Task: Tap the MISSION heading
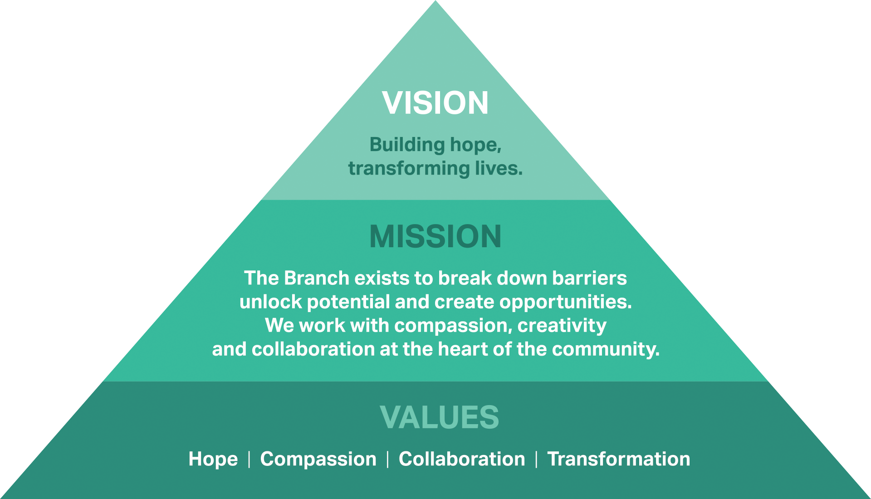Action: tap(435, 236)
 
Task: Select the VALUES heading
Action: tap(439, 417)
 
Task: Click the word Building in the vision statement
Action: tap(401, 145)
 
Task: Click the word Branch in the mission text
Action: tap(316, 278)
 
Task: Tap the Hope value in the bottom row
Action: tap(213, 459)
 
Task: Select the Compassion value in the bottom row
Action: tap(318, 459)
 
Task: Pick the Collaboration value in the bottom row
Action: tap(462, 459)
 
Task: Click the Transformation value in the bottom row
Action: tap(618, 459)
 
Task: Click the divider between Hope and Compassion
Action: tap(249, 459)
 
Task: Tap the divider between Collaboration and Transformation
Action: tap(536, 459)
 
